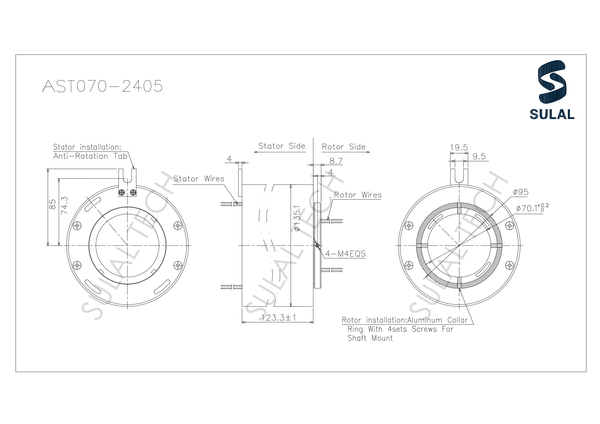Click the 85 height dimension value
(x=52, y=204)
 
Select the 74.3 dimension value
(x=64, y=206)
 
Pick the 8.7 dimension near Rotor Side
(x=336, y=161)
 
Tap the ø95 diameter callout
(x=520, y=192)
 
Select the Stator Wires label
(x=199, y=179)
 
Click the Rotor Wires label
(x=358, y=195)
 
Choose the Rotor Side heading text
(x=343, y=147)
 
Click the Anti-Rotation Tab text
(x=90, y=156)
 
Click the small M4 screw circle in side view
(x=317, y=246)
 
